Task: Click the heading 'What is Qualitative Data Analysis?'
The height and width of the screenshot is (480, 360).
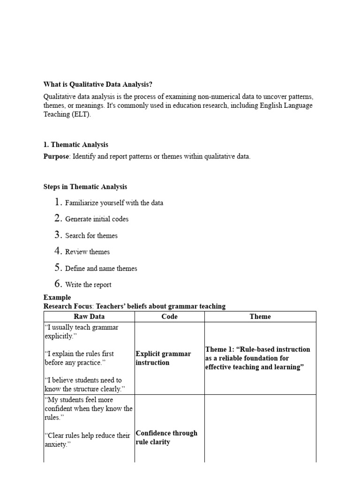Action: (98, 85)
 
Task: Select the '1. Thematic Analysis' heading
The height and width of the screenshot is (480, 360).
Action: (75, 145)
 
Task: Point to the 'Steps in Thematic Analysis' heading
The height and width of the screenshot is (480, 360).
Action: (85, 187)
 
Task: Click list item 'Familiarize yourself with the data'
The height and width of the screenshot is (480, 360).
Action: (114, 203)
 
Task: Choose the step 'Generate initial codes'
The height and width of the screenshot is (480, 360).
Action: (97, 219)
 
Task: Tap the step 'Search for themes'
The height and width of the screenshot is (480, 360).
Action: (91, 236)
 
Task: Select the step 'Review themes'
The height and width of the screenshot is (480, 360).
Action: (87, 252)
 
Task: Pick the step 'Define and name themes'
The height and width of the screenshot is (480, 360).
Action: (101, 269)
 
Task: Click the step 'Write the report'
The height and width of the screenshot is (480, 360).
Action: (88, 285)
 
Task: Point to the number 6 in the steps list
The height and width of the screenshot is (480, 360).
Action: (58, 284)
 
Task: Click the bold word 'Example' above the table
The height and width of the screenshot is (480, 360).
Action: (57, 297)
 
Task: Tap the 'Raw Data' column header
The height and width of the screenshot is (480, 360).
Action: (89, 316)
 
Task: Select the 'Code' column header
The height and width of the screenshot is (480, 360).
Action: (169, 316)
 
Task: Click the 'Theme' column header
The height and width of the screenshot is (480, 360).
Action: (260, 316)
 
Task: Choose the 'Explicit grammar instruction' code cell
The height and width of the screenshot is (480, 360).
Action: (163, 358)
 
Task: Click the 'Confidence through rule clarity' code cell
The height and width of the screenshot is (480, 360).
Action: (166, 437)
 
